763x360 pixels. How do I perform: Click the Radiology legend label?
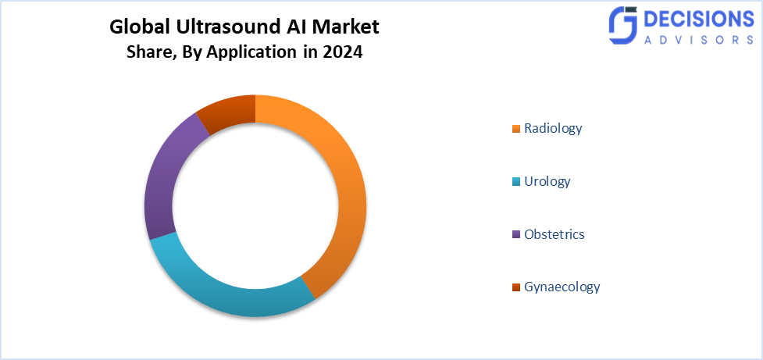click(553, 128)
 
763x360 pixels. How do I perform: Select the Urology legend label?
click(547, 182)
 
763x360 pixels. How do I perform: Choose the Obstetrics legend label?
click(554, 234)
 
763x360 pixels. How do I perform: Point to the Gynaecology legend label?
click(562, 287)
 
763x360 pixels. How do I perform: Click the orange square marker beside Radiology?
click(515, 129)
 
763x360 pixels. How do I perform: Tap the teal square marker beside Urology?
click(515, 182)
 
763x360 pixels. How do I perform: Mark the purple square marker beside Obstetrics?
click(515, 235)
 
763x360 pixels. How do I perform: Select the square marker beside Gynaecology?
click(515, 287)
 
